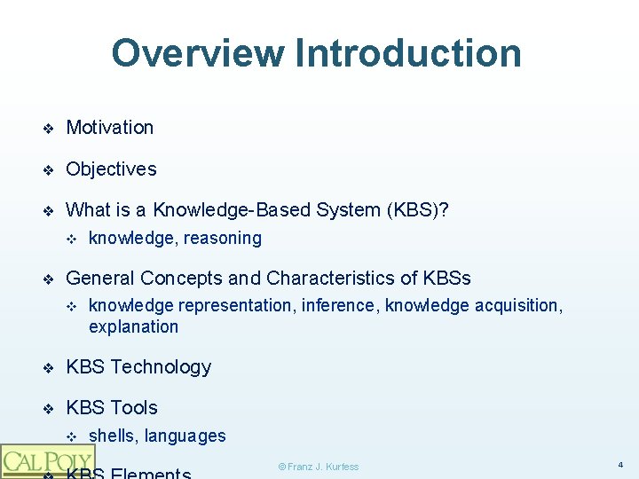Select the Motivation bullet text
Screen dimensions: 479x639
(110, 127)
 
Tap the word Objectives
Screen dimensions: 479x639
(111, 169)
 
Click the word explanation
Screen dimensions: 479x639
(133, 326)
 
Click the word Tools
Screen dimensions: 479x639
(134, 407)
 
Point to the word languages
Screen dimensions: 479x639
(185, 436)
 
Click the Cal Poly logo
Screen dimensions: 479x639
(47, 461)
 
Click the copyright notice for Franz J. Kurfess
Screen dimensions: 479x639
(319, 467)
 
